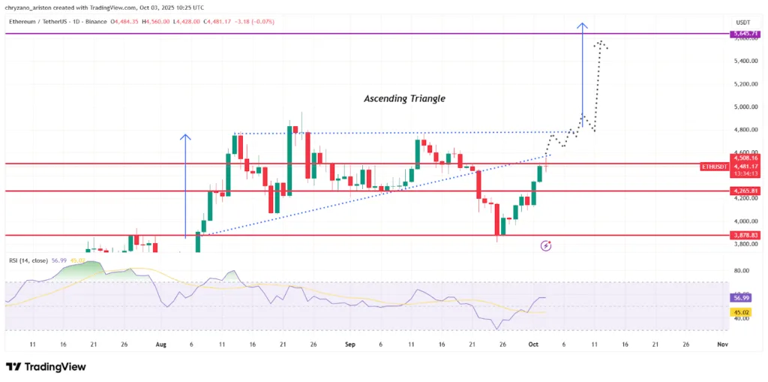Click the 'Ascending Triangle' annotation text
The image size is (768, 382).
coord(404,98)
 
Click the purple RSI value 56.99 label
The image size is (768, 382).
coord(741,298)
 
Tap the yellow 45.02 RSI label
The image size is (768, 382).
coord(741,313)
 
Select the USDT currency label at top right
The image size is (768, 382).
coord(742,22)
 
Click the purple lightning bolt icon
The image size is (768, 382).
coord(547,245)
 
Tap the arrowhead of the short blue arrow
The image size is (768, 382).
coord(185,137)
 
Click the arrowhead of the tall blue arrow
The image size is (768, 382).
coord(582,27)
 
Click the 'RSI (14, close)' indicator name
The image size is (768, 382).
coord(29,260)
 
